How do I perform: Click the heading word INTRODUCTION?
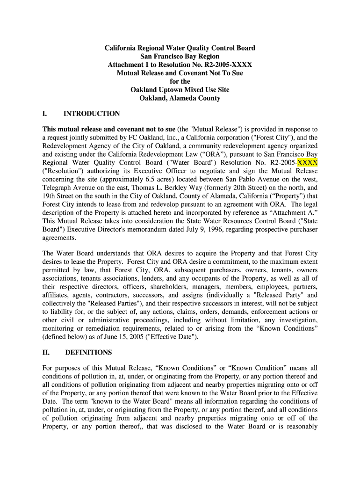tap(92, 114)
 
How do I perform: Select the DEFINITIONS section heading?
tap(88, 352)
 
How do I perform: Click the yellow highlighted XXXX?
tap(308, 162)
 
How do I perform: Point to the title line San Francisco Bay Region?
tap(180, 57)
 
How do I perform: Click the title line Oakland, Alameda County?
tap(180, 98)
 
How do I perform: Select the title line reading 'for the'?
tap(180, 81)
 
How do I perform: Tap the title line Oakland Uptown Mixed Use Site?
tap(180, 90)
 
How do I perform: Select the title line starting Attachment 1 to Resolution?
tap(180, 65)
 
